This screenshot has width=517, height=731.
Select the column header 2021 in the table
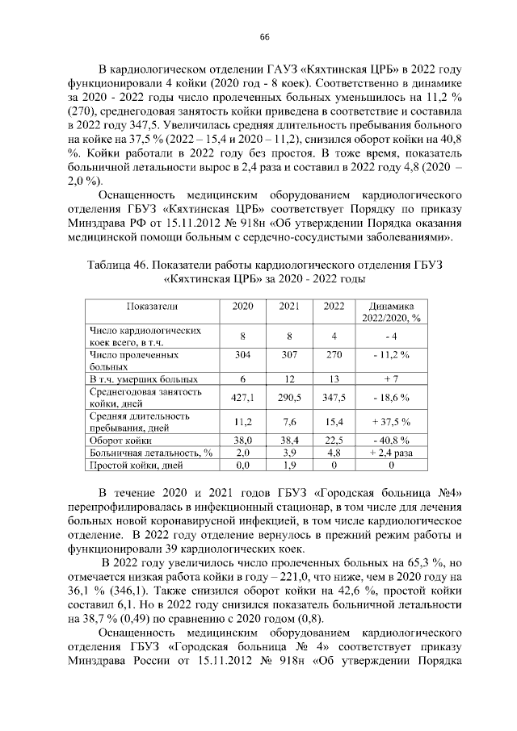289,307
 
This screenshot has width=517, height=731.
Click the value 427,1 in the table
243,398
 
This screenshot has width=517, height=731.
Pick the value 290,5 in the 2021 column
289,398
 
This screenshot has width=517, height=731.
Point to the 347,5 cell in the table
334,398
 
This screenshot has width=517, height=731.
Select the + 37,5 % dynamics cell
391,422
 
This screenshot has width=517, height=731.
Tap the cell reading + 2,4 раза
391,453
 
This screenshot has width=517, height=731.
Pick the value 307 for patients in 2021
289,354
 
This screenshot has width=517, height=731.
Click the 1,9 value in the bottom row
289,466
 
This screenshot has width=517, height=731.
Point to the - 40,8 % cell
391,441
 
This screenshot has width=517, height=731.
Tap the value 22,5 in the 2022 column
334,441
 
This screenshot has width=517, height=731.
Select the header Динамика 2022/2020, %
391,311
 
